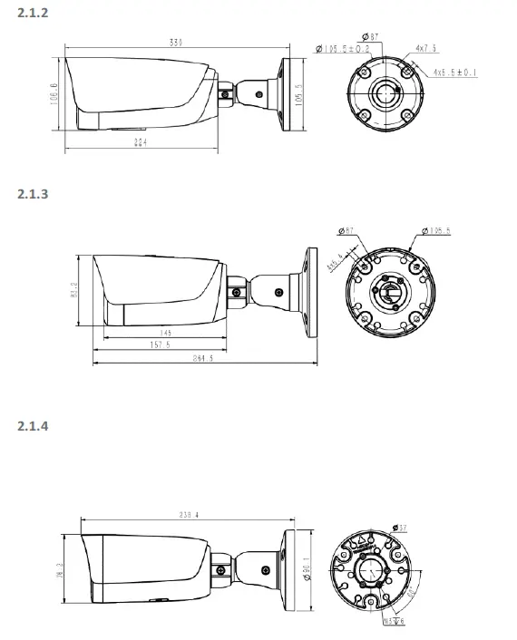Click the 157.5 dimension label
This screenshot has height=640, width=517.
click(x=160, y=345)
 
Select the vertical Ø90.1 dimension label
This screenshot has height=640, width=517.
click(x=308, y=568)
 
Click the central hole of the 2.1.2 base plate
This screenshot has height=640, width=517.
click(x=378, y=92)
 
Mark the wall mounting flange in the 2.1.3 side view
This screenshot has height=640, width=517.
click(x=311, y=291)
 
